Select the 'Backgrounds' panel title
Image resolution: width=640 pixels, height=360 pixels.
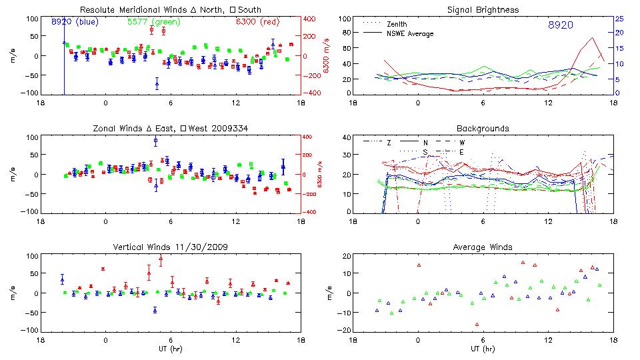tap(483, 128)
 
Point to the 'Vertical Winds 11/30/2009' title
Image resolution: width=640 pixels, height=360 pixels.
tap(170, 247)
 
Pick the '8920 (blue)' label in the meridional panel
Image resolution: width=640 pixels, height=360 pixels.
tap(75, 21)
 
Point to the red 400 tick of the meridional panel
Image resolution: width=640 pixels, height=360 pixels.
tap(311, 19)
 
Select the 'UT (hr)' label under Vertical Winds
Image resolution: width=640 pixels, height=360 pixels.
tap(170, 349)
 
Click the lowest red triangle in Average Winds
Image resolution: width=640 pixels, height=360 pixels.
tap(477, 325)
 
